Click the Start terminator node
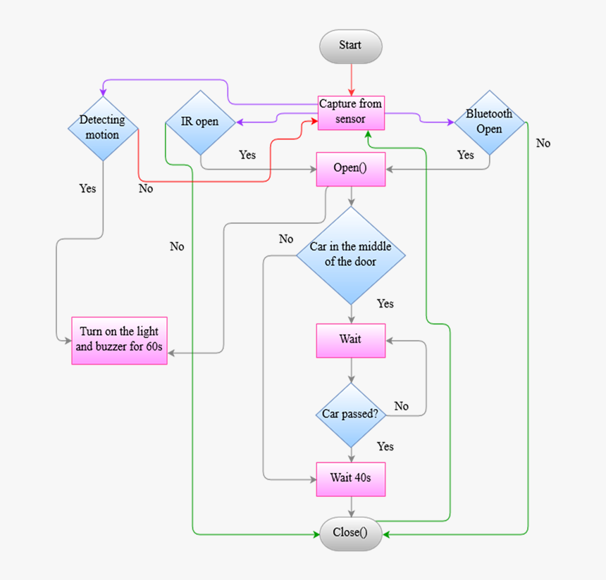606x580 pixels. (x=350, y=46)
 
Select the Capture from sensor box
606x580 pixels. (x=350, y=112)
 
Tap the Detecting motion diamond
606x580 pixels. (x=103, y=127)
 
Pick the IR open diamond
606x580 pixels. (x=200, y=122)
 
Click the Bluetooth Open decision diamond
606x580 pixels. (x=489, y=122)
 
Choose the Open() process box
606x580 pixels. (x=350, y=169)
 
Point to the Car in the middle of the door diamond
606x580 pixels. (x=350, y=255)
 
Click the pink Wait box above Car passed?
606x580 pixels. (x=350, y=340)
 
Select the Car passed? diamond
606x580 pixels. (x=350, y=414)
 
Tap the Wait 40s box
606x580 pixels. (x=350, y=479)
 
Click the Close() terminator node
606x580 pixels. (x=350, y=533)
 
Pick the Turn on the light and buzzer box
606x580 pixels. (x=119, y=340)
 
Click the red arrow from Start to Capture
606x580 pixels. (x=350, y=79)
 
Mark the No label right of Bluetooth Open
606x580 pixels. (x=543, y=144)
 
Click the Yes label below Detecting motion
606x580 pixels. (x=87, y=189)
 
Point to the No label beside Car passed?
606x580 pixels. (x=401, y=406)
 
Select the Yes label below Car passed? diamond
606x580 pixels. (x=385, y=447)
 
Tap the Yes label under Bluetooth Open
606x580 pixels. (x=465, y=155)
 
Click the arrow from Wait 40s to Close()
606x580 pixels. (x=350, y=507)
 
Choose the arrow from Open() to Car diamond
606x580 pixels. (x=350, y=196)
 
